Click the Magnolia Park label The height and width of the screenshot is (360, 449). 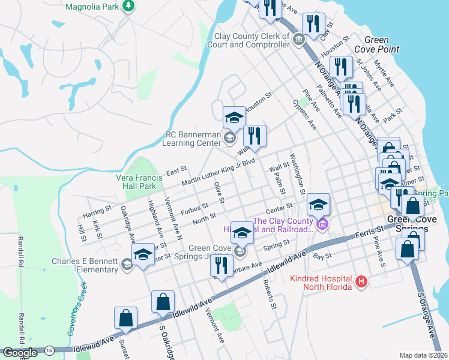tap(92, 6)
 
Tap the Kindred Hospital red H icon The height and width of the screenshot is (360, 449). tap(361, 281)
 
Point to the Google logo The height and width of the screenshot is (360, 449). tap(19, 353)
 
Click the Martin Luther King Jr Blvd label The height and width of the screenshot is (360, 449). tap(219, 172)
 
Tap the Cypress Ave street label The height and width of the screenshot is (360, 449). tap(304, 113)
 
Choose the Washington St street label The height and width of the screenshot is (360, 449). tap(297, 173)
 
